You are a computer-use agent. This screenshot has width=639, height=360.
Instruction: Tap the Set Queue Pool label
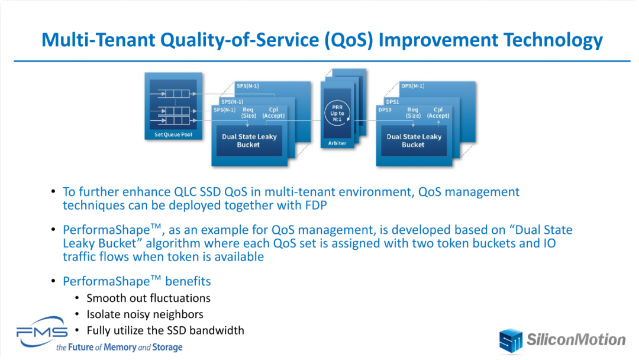tap(173, 134)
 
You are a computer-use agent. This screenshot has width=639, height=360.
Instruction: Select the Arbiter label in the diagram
tap(337, 143)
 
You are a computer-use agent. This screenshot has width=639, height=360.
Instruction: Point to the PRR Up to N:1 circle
tap(337, 113)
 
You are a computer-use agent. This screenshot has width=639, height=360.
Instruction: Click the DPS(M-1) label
tap(413, 86)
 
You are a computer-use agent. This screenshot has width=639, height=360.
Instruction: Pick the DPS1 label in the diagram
tap(392, 101)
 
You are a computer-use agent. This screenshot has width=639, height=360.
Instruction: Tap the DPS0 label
tap(385, 110)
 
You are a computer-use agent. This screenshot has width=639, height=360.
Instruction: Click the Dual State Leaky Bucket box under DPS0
tap(414, 141)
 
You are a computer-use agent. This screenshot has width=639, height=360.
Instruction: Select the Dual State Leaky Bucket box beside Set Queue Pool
tap(249, 141)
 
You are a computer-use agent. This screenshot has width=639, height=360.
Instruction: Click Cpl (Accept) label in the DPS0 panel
tap(438, 112)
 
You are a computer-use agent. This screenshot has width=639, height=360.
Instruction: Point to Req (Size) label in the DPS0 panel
tap(413, 112)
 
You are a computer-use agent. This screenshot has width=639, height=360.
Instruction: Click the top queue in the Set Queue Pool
tap(176, 94)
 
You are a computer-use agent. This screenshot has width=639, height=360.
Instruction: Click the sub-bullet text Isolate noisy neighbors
tap(145, 314)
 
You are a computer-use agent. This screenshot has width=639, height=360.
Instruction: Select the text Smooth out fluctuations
tap(149, 298)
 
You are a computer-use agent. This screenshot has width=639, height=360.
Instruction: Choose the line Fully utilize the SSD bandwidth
tap(165, 330)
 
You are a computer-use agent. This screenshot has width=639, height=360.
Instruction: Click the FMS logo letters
tap(41, 332)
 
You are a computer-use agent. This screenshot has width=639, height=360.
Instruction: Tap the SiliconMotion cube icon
tap(511, 340)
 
